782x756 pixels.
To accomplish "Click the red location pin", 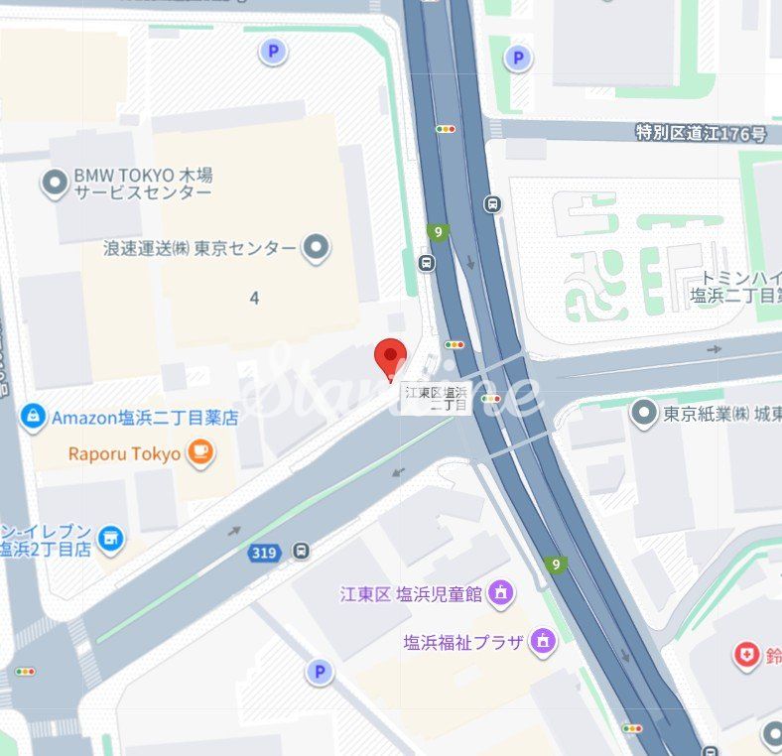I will (x=390, y=356).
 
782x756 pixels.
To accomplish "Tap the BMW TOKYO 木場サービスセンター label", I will (x=142, y=184).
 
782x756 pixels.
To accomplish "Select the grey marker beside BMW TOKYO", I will (x=54, y=184).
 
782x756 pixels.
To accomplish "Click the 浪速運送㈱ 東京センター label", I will (x=199, y=248).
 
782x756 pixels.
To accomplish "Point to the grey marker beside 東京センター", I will (x=316, y=247).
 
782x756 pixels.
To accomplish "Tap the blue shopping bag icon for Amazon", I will (x=33, y=416).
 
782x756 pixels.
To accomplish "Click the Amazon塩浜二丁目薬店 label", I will (x=145, y=418).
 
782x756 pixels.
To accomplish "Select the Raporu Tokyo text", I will (x=124, y=453).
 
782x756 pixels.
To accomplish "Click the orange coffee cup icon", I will (x=201, y=453).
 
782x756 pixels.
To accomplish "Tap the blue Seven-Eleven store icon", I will (x=111, y=539).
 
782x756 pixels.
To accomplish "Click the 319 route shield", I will (x=263, y=553).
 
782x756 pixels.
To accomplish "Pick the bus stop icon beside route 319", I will (x=301, y=551).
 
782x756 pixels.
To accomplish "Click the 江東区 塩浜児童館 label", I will (x=411, y=594).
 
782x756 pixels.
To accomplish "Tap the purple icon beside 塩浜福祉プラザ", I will (x=543, y=641).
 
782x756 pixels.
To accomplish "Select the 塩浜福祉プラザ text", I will (x=462, y=642).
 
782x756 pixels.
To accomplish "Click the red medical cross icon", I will (x=745, y=654).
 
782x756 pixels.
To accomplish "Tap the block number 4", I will (x=255, y=297).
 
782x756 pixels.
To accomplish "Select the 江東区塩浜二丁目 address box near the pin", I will (x=436, y=399).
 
